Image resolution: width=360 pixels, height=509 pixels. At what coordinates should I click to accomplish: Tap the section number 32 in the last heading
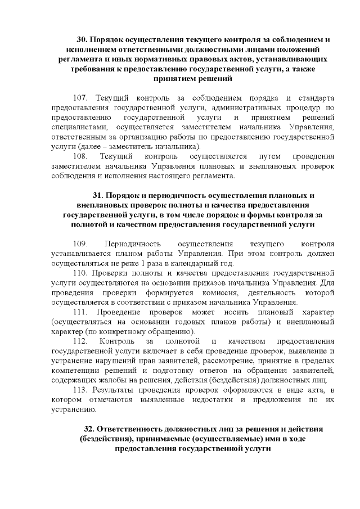click(89, 429)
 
